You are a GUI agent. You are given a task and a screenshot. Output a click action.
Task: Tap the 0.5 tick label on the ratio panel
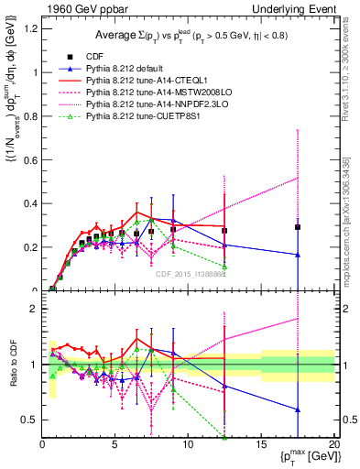pyautogui.click(x=28, y=420)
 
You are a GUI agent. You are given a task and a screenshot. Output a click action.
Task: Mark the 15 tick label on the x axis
pyautogui.click(x=261, y=444)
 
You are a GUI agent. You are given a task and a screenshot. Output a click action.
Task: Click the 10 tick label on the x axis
pyautogui.click(x=188, y=444)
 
